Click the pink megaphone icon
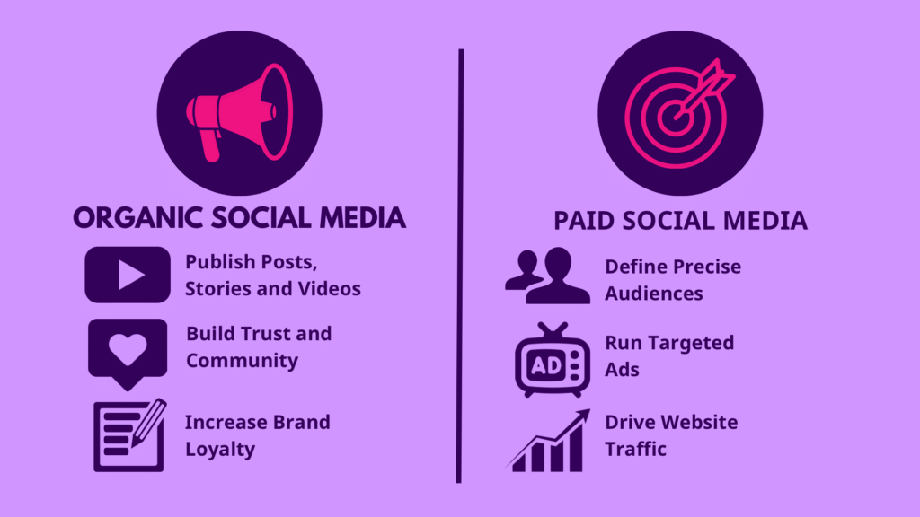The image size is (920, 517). point(239,112)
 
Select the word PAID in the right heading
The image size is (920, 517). point(584,221)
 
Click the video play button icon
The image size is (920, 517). point(128,275)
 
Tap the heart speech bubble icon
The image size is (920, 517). point(128,354)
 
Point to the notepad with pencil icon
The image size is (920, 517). point(129,435)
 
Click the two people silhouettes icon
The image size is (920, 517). point(547,276)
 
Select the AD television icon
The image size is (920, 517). point(553,360)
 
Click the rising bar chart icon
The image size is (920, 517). point(548,441)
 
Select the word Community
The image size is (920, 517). point(242,361)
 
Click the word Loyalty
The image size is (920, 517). point(220,450)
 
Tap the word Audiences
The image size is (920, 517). point(654,294)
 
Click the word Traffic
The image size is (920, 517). point(635,449)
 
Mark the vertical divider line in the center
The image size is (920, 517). point(460,266)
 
